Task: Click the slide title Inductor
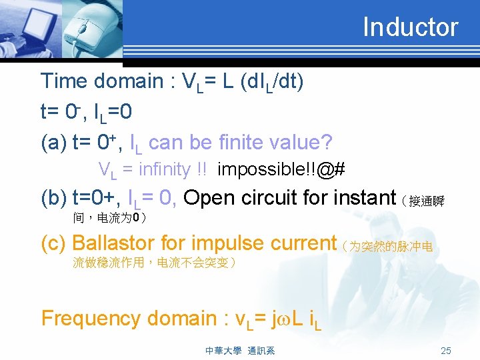click(410, 27)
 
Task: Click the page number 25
click(446, 351)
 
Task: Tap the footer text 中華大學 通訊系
click(240, 351)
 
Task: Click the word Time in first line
click(65, 81)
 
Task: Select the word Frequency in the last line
click(91, 319)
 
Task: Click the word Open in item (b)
click(207, 198)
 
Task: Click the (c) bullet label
click(53, 243)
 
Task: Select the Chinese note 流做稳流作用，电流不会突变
click(154, 263)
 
